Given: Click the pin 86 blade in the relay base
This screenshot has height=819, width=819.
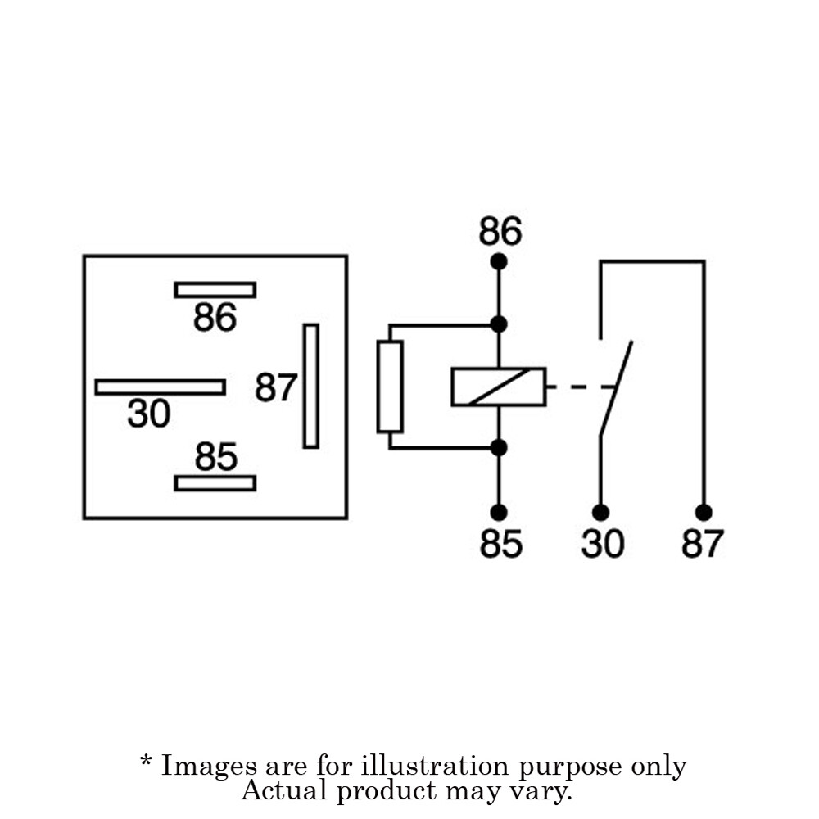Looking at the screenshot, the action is point(215,290).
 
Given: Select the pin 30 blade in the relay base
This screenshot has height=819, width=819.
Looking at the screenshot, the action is point(161,387).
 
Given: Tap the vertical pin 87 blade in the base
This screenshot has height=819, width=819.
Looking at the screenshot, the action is point(311,386).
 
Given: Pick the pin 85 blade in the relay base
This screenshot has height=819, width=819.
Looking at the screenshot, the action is point(215,483).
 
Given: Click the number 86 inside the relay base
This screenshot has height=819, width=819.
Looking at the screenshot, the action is point(215,317).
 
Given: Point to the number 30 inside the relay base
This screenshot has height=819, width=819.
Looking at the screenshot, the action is point(149,413).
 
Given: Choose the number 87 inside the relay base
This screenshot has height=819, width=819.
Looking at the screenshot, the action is point(276,387).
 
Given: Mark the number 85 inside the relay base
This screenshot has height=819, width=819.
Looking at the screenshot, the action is point(215,456).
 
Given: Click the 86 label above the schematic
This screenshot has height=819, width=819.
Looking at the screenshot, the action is point(500,231).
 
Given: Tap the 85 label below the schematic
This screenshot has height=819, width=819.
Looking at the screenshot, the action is point(500,543).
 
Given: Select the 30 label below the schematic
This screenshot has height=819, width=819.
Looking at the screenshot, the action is point(602,543).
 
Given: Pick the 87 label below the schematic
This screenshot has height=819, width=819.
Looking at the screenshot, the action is point(703,543).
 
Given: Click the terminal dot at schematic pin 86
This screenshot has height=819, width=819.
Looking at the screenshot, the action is point(499,261).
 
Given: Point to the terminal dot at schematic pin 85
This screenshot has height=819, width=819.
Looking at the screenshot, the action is point(499,513).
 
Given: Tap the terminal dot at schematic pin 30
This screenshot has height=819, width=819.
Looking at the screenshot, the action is point(600,513).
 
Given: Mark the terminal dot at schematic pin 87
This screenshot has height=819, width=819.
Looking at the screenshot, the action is point(704,513).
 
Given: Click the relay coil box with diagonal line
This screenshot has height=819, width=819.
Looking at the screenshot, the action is point(499,387).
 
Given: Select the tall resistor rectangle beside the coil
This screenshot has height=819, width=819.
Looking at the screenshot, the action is point(390,387).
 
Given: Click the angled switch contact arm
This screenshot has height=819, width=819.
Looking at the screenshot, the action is point(616,387).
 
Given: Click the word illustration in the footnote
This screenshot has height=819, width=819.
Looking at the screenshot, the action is point(435,766).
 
